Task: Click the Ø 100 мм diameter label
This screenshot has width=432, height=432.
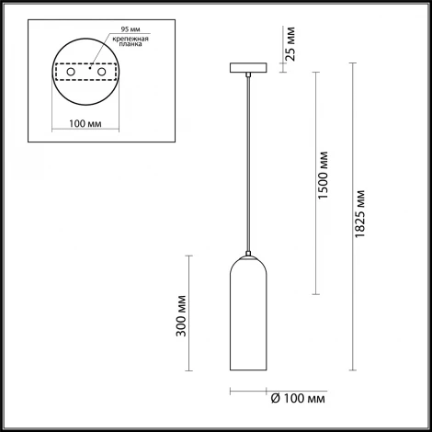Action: tap(296, 398)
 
